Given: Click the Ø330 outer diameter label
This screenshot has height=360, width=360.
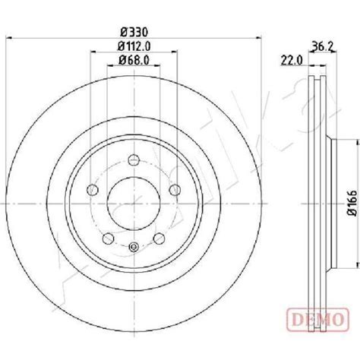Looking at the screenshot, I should (133, 32).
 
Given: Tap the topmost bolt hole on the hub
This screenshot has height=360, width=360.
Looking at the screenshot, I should (133, 159).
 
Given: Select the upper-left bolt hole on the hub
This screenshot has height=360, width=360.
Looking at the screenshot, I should (94, 189).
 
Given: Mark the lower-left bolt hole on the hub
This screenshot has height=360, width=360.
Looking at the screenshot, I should (109, 235).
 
